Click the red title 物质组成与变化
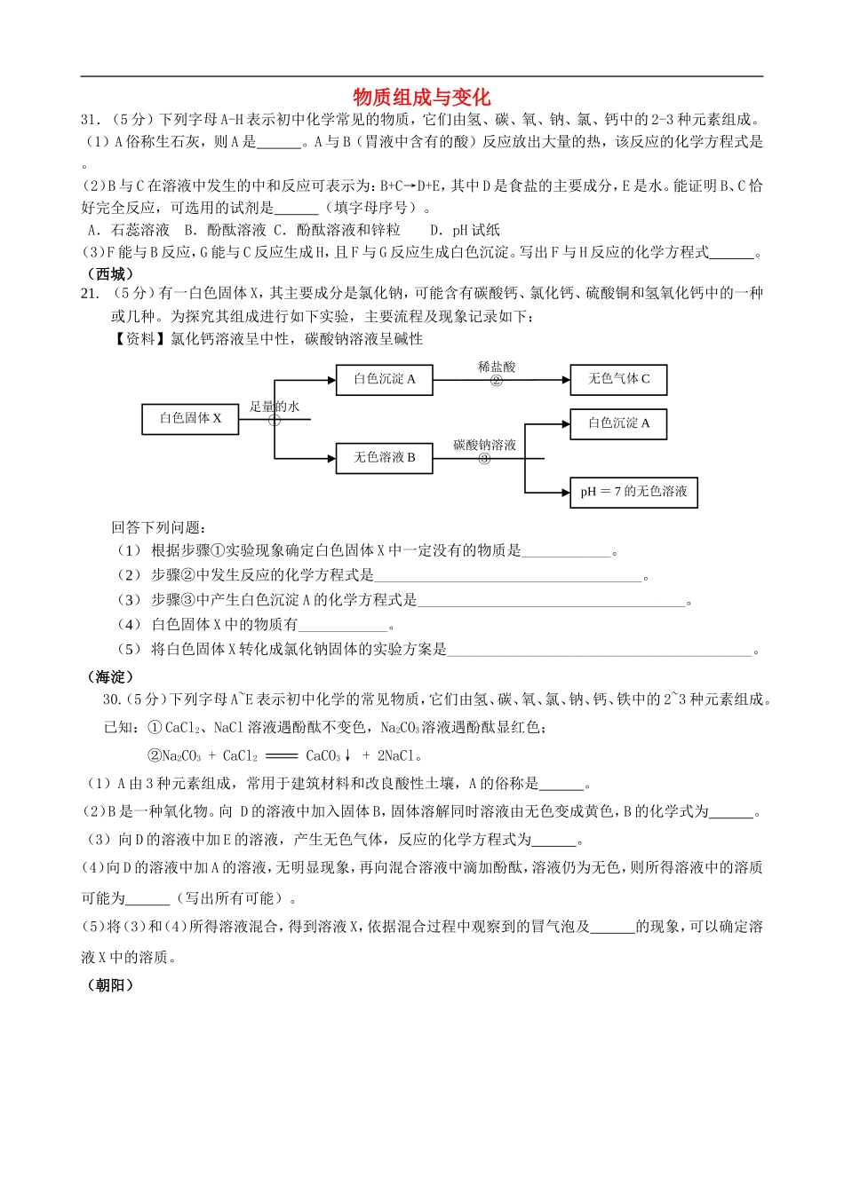[421, 97]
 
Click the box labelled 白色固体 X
[190, 418]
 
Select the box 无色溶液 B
[384, 458]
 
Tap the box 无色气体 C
[617, 379]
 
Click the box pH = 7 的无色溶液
[633, 492]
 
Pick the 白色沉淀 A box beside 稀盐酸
[384, 379]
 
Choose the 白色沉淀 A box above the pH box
[617, 424]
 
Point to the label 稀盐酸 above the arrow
[496, 367]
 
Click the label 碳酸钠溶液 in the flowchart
[484, 445]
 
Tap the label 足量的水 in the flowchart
[275, 407]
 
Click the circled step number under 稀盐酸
[496, 381]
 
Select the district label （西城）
[111, 273]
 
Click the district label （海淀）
[111, 676]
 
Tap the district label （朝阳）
[111, 984]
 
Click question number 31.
[90, 120]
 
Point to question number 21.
[90, 294]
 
